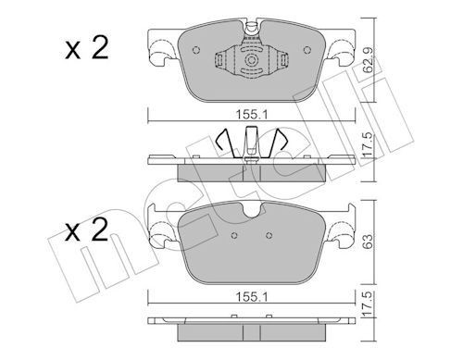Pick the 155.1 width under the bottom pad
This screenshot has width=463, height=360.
pos(250,298)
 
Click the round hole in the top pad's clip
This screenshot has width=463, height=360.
pos(251,60)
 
